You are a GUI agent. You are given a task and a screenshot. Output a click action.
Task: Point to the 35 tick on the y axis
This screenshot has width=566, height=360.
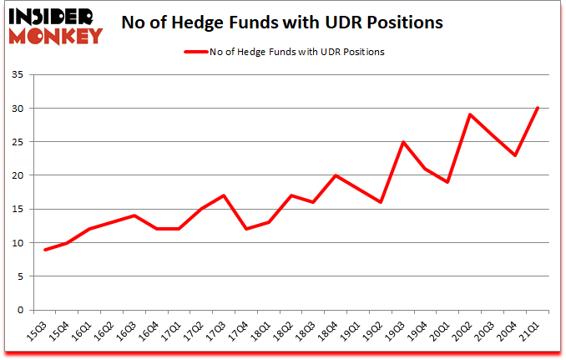tap(19, 75)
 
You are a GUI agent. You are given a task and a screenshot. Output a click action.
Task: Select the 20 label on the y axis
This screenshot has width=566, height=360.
tap(19, 176)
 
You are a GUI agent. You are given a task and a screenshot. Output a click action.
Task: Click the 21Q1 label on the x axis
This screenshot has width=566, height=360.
tap(529, 332)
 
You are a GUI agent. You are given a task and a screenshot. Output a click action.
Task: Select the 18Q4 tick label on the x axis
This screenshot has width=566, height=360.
tap(329, 332)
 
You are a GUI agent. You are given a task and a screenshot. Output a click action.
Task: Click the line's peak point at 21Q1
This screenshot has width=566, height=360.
tap(538, 109)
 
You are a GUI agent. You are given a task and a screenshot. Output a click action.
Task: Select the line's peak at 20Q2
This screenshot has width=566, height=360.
tap(471, 115)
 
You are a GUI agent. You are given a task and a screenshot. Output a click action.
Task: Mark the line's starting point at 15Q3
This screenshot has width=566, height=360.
tap(45, 250)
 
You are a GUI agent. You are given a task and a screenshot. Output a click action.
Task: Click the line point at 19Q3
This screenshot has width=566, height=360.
tap(403, 142)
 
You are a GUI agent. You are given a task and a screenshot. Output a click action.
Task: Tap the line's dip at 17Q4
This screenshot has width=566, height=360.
tap(246, 230)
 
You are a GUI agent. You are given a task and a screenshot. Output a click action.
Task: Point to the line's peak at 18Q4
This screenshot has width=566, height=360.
tap(336, 175)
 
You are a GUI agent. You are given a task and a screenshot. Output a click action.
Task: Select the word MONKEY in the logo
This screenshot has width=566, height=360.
tap(57, 34)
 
